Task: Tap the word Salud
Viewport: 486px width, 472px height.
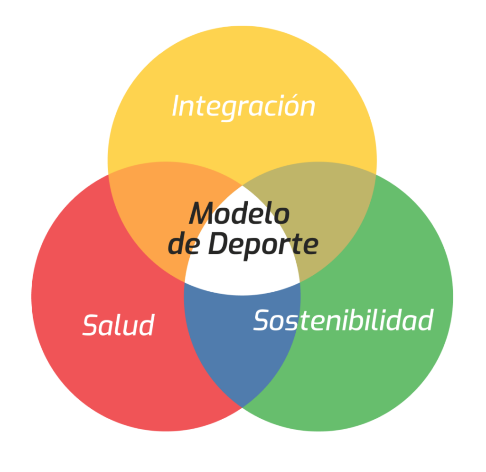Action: [119, 325]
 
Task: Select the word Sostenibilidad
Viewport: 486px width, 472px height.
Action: [343, 320]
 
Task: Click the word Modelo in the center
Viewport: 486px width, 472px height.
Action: [240, 213]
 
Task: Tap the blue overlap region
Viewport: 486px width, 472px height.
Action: [242, 342]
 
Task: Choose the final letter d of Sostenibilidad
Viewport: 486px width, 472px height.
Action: [426, 319]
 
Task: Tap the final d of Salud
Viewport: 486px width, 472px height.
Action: [147, 325]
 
